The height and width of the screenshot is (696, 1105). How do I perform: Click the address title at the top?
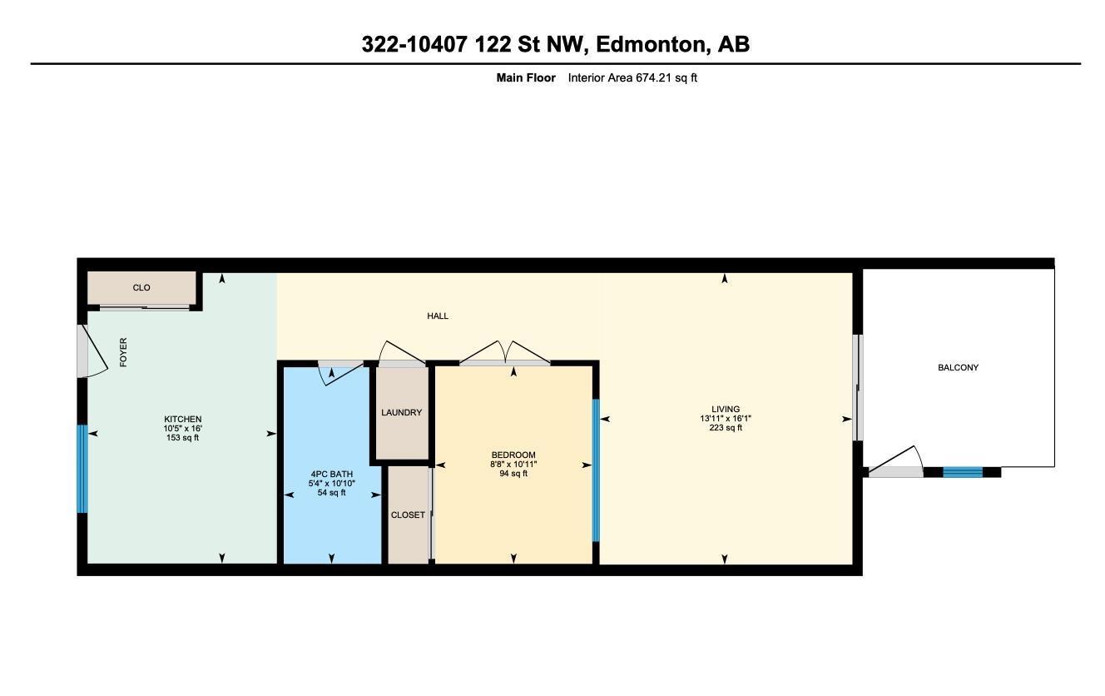tap(555, 44)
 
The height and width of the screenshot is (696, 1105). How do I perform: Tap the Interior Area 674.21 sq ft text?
tap(632, 78)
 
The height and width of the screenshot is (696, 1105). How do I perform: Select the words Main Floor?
tap(526, 78)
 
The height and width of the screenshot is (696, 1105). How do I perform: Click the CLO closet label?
tap(141, 288)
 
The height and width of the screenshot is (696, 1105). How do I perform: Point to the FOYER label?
tap(124, 352)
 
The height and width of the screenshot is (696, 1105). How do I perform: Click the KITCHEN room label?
tap(182, 420)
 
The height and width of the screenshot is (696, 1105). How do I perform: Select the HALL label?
tap(438, 316)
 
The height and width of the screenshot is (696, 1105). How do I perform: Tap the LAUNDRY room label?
tap(401, 413)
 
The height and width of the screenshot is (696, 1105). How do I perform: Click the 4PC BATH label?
tap(331, 475)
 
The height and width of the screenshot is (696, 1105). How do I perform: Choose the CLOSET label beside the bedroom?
tap(408, 515)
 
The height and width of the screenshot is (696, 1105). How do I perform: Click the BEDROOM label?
tap(513, 455)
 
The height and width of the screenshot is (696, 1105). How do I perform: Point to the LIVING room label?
tap(726, 410)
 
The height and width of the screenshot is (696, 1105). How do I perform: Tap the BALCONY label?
tap(958, 368)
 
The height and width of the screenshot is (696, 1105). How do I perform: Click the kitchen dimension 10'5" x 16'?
tap(182, 429)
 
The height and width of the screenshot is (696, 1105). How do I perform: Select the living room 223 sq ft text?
tap(726, 428)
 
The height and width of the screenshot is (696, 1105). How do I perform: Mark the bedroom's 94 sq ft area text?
tap(513, 474)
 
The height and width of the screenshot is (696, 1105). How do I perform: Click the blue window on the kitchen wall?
tap(82, 469)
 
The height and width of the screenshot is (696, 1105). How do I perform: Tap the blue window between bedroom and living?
tap(595, 470)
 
